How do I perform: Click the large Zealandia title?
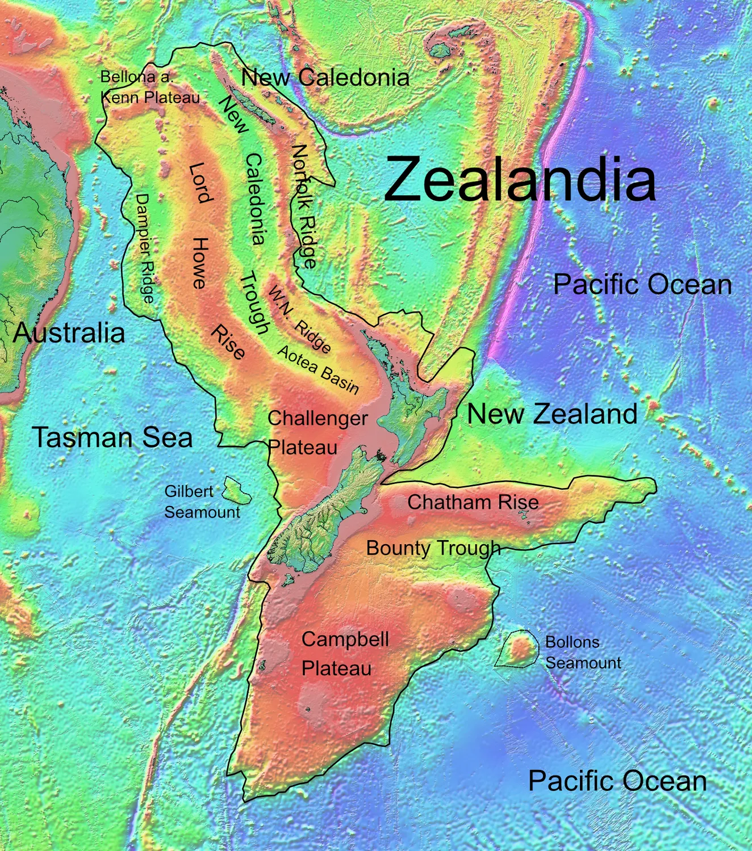pyautogui.click(x=519, y=179)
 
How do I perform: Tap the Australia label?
pyautogui.click(x=69, y=332)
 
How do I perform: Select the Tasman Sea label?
pyautogui.click(x=112, y=437)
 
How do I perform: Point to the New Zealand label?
pyautogui.click(x=552, y=414)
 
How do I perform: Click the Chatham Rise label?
pyautogui.click(x=473, y=502)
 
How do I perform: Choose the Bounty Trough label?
pyautogui.click(x=433, y=548)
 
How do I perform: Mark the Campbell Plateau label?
pyautogui.click(x=344, y=654)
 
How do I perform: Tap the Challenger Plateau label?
pyautogui.click(x=317, y=432)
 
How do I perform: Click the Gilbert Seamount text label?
pyautogui.click(x=202, y=502)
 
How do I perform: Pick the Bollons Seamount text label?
pyautogui.click(x=583, y=652)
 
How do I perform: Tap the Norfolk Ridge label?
pyautogui.click(x=304, y=205)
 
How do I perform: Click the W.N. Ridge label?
pyautogui.click(x=299, y=319)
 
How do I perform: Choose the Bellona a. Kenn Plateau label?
pyautogui.click(x=149, y=87)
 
